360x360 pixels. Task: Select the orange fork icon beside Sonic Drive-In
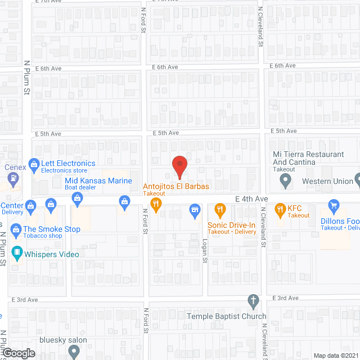point(220,211)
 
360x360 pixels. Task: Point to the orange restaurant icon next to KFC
point(280,211)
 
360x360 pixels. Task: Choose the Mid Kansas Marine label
point(98,181)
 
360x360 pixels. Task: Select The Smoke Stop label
point(51,229)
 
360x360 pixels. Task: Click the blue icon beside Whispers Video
point(15,254)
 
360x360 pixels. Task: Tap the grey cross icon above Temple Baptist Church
point(254,300)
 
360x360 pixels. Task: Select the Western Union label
point(327,181)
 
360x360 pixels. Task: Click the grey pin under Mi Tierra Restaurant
point(285,181)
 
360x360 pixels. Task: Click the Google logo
point(18,353)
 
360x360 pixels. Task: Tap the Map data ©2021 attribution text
point(335,355)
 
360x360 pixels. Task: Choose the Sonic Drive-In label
point(231,225)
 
